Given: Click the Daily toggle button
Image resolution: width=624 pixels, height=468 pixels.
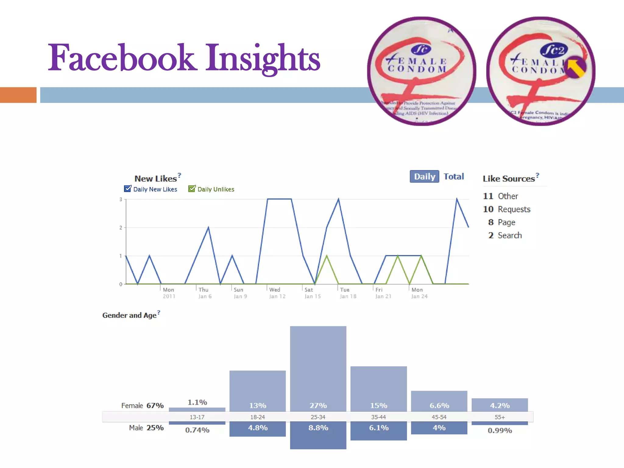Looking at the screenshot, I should (424, 176).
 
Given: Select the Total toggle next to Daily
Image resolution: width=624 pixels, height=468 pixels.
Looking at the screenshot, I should (453, 176).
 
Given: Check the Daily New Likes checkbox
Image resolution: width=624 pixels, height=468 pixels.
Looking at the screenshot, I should (128, 189).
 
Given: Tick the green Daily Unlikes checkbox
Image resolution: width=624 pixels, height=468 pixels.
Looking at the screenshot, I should (192, 189).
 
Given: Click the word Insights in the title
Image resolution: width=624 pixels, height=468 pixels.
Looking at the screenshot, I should (263, 58).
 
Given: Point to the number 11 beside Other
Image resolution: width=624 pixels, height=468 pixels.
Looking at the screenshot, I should (488, 196).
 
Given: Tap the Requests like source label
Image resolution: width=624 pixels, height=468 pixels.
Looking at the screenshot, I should (514, 209).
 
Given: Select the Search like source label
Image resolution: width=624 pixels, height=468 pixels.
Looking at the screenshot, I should (510, 235).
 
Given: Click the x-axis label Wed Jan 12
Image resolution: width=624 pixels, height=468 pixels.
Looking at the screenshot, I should (277, 293).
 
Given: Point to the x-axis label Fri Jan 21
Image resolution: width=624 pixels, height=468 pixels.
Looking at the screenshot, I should (383, 293).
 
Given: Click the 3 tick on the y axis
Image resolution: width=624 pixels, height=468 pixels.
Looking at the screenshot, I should (121, 199).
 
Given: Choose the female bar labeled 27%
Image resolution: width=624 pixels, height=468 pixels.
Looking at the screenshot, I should (318, 369).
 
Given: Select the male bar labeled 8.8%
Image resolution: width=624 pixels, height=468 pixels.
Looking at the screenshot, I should (318, 435).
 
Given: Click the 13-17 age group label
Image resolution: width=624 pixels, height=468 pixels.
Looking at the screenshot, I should (197, 417).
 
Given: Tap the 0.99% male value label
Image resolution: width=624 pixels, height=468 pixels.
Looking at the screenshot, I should (500, 431).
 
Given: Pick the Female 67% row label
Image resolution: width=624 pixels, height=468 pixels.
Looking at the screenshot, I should (142, 406).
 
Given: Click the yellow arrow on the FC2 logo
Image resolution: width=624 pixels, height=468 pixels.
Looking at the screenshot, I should (575, 68).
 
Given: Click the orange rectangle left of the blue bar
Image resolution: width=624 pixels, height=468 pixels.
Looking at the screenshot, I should (18, 95).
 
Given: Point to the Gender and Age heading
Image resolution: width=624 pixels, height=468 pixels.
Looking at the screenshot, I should (129, 315).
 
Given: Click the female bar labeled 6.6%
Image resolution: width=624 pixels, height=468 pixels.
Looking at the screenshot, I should (439, 401).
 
